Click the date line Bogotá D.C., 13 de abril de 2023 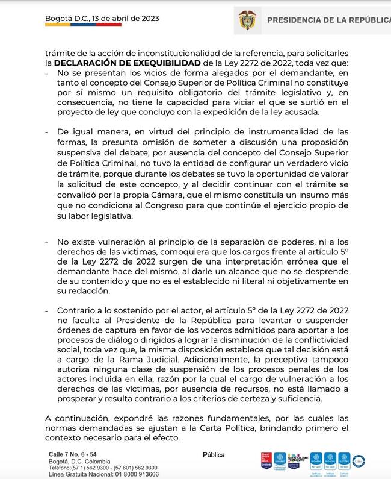(102, 18)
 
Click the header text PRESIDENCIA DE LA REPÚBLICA (328, 20)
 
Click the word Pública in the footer (214, 456)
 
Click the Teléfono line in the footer (103, 468)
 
